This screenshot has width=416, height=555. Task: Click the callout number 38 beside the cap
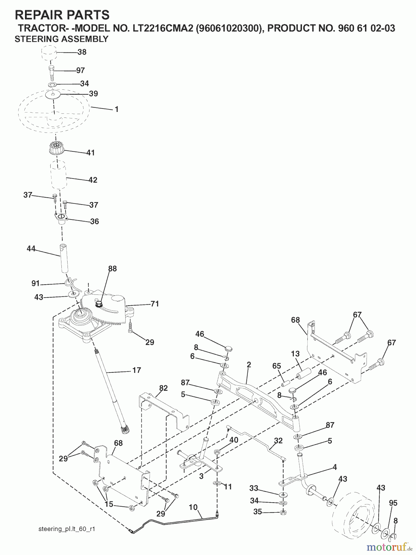coord(82,52)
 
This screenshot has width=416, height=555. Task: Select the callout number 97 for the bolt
coord(80,70)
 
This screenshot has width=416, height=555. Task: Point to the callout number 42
coord(93,180)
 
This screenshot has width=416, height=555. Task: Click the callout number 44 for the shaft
coord(31,249)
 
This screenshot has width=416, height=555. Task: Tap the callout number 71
coord(154,304)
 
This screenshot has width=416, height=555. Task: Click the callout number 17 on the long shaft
coord(136,370)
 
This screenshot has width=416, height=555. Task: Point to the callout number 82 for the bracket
coord(163,388)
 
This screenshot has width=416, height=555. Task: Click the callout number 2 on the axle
coord(249,365)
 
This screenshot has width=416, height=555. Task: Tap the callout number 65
coord(277,366)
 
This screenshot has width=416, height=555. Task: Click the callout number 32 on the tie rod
coord(278,441)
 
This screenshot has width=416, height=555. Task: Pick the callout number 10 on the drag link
coord(193,507)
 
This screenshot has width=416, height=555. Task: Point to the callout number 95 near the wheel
coord(393,503)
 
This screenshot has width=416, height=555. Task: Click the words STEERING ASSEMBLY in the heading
coord(61,39)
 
